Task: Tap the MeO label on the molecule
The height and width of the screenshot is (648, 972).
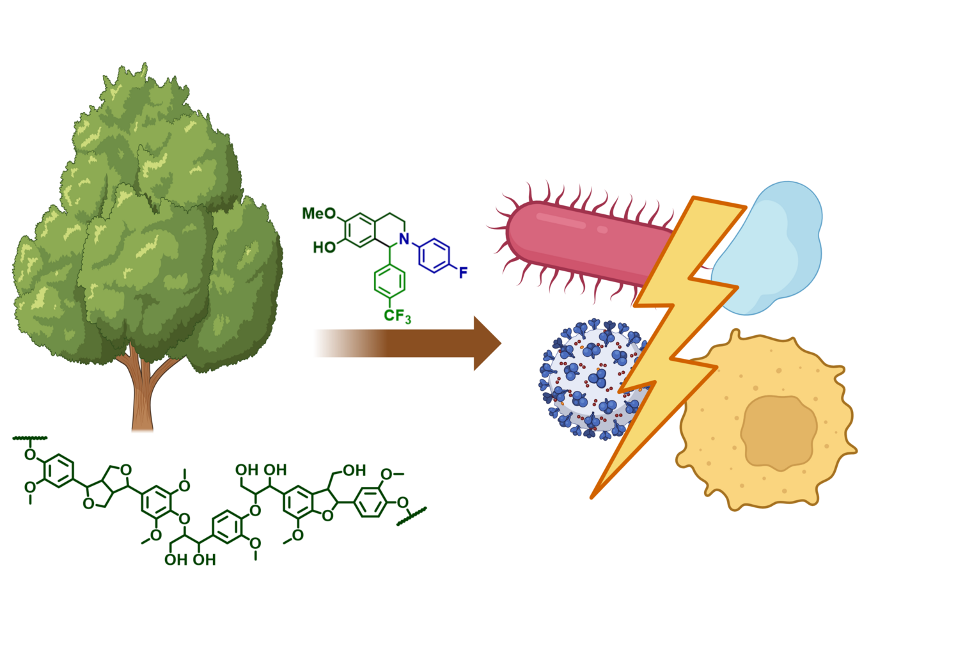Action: pos(319,213)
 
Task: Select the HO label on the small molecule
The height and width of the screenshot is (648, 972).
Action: pos(324,248)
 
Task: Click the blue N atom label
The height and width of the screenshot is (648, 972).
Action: pos(404,239)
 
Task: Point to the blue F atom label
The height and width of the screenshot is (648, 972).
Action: pos(463,273)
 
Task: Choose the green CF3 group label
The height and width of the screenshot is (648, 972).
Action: pos(397,316)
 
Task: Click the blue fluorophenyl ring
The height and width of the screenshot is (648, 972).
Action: pos(434,256)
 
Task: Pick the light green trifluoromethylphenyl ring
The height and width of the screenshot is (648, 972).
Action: pos(389,281)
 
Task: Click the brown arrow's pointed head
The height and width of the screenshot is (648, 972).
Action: pos(487,344)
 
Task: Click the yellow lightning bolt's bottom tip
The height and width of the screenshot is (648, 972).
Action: pos(592,498)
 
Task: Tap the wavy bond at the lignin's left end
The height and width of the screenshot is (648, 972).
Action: pos(30,438)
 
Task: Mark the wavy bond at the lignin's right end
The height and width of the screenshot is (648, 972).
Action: pos(412,516)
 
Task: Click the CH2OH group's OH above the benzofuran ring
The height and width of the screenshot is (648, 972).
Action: pos(354,470)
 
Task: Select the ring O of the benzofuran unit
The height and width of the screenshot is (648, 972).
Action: pos(327,515)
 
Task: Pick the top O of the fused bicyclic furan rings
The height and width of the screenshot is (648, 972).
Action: pos(126,470)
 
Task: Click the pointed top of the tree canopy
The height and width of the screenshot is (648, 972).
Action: pos(144,64)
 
